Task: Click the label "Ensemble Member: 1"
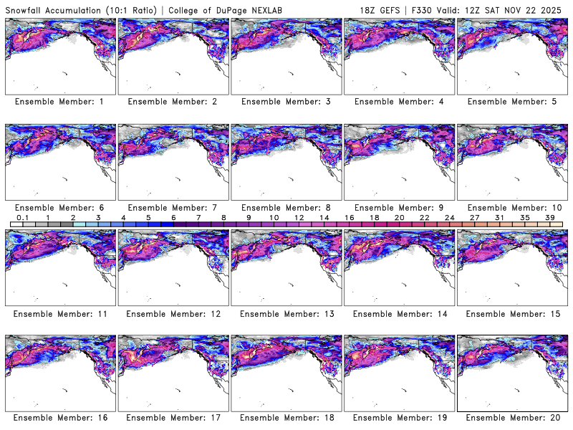point(59,102)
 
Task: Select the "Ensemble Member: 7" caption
point(173,207)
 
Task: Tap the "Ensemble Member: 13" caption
point(286,313)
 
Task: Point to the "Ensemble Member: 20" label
point(512,417)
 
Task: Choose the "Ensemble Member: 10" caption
point(512,207)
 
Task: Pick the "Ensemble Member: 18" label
point(286,417)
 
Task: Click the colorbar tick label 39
point(551,217)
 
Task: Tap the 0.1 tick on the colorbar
point(22,217)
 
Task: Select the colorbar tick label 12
point(299,217)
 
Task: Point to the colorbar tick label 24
point(450,217)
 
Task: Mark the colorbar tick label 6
point(173,217)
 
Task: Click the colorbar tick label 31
point(500,217)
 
